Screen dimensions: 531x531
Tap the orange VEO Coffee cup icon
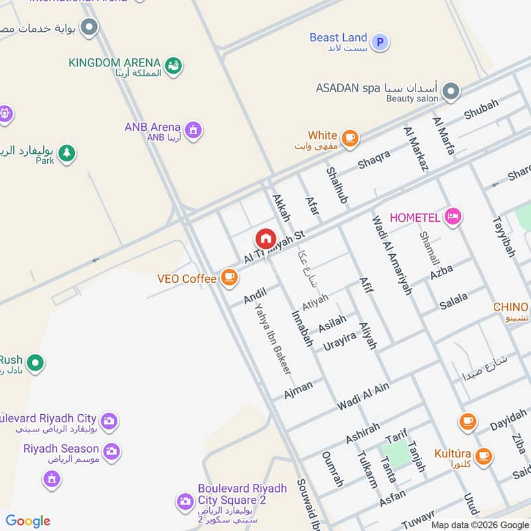coord(229,278)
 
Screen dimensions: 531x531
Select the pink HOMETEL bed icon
coord(453,217)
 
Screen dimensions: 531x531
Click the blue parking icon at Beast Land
coord(380,42)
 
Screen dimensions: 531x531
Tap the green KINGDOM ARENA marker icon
coord(173,66)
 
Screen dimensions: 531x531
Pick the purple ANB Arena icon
coord(193,129)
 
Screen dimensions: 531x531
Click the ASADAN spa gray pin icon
coord(451,91)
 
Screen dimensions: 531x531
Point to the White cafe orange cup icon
coord(351,139)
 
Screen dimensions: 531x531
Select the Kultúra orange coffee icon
coord(483,455)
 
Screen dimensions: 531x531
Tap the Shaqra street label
coord(374,159)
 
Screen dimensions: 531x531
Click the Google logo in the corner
coord(28,521)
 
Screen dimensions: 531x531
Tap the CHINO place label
coord(510,307)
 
